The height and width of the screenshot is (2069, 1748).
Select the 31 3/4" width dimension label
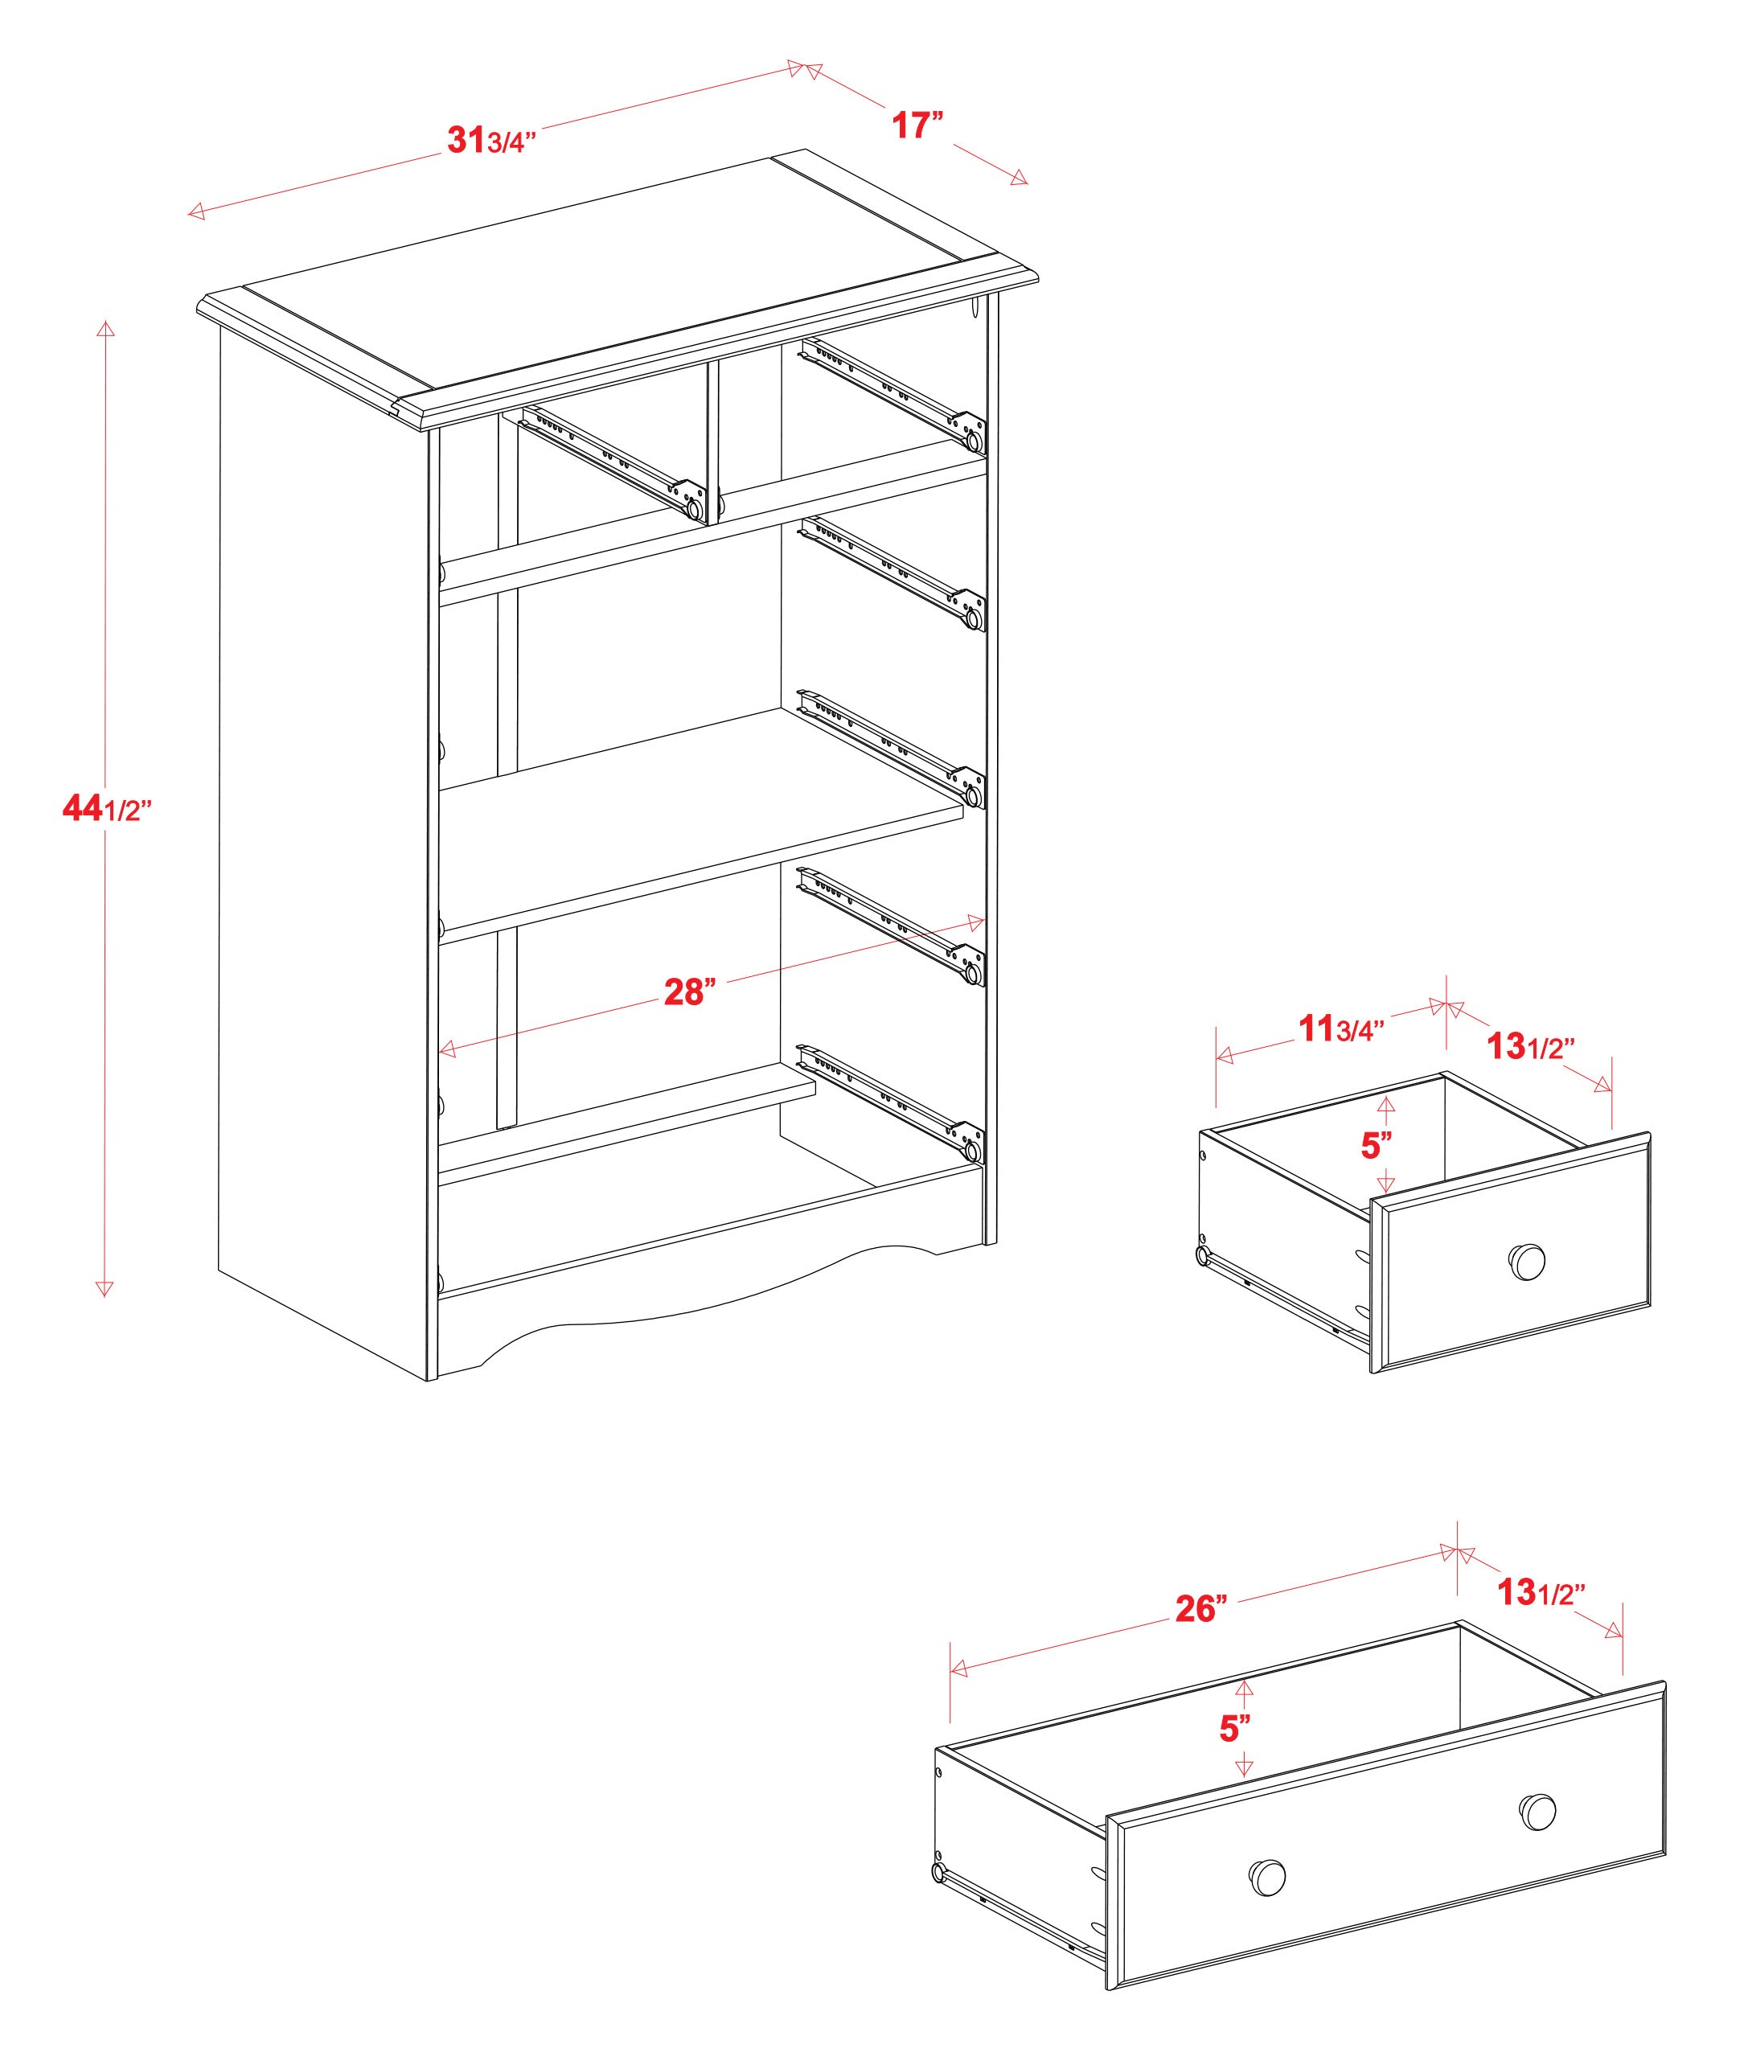tap(491, 141)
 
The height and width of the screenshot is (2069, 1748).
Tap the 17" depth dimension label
tap(917, 125)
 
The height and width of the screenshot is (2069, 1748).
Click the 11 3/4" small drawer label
tap(1340, 1029)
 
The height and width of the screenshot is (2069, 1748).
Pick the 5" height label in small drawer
tap(1377, 1146)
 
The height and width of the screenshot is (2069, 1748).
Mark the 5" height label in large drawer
tap(1235, 1729)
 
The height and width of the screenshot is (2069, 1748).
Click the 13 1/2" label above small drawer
tap(1531, 1045)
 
